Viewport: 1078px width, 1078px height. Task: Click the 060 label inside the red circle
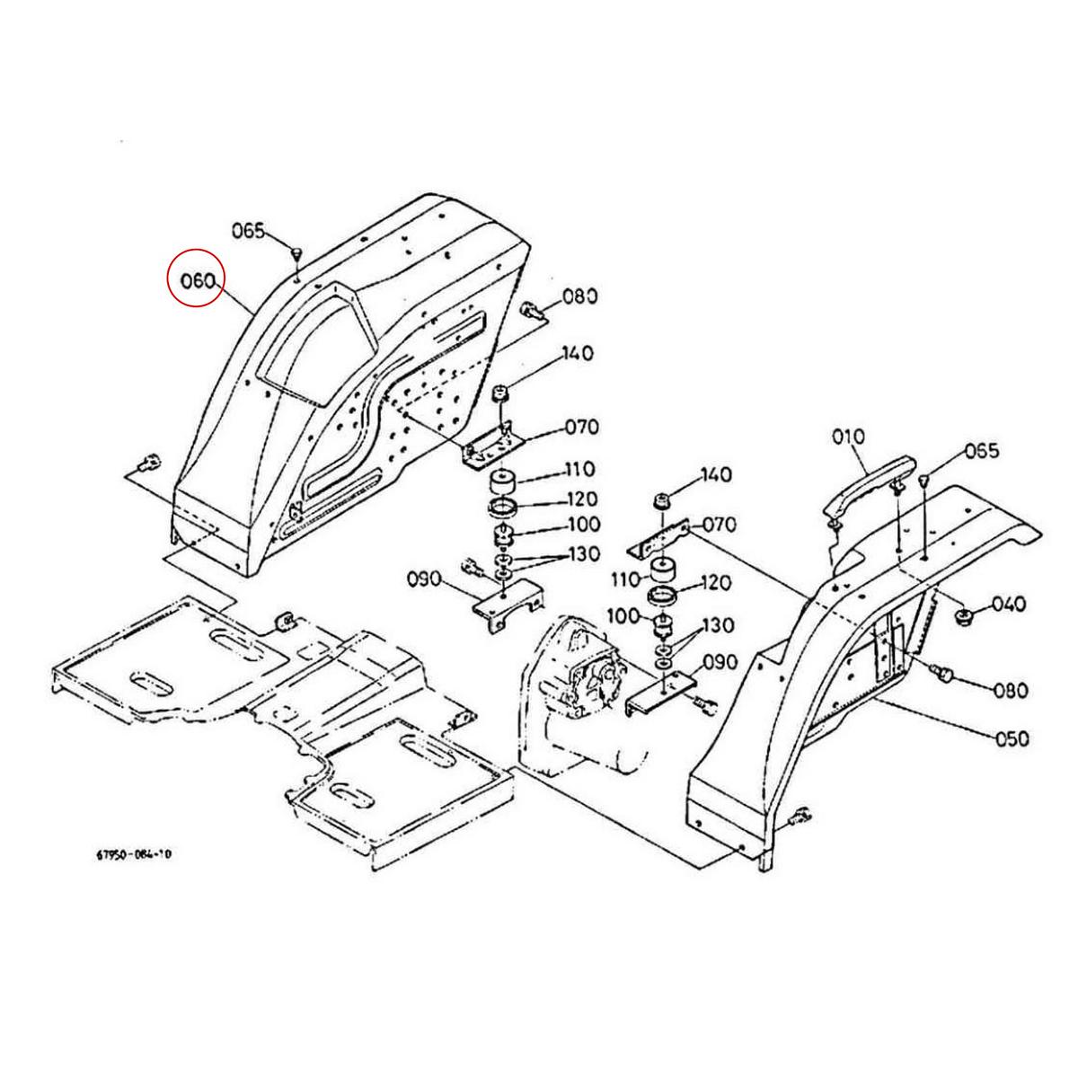(x=197, y=281)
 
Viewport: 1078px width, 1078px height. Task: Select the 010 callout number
(x=847, y=437)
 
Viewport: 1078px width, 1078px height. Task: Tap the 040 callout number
(x=1008, y=604)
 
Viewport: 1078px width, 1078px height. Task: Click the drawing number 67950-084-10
(x=133, y=854)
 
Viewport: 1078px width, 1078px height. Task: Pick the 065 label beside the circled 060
(x=248, y=230)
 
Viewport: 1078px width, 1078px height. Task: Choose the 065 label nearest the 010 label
(x=981, y=451)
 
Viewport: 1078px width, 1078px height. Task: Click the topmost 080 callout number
(x=580, y=296)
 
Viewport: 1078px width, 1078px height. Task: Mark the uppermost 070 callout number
(x=581, y=427)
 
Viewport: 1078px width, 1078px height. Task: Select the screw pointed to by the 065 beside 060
(x=296, y=251)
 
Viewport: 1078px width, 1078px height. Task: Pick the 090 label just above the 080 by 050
(x=720, y=662)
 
